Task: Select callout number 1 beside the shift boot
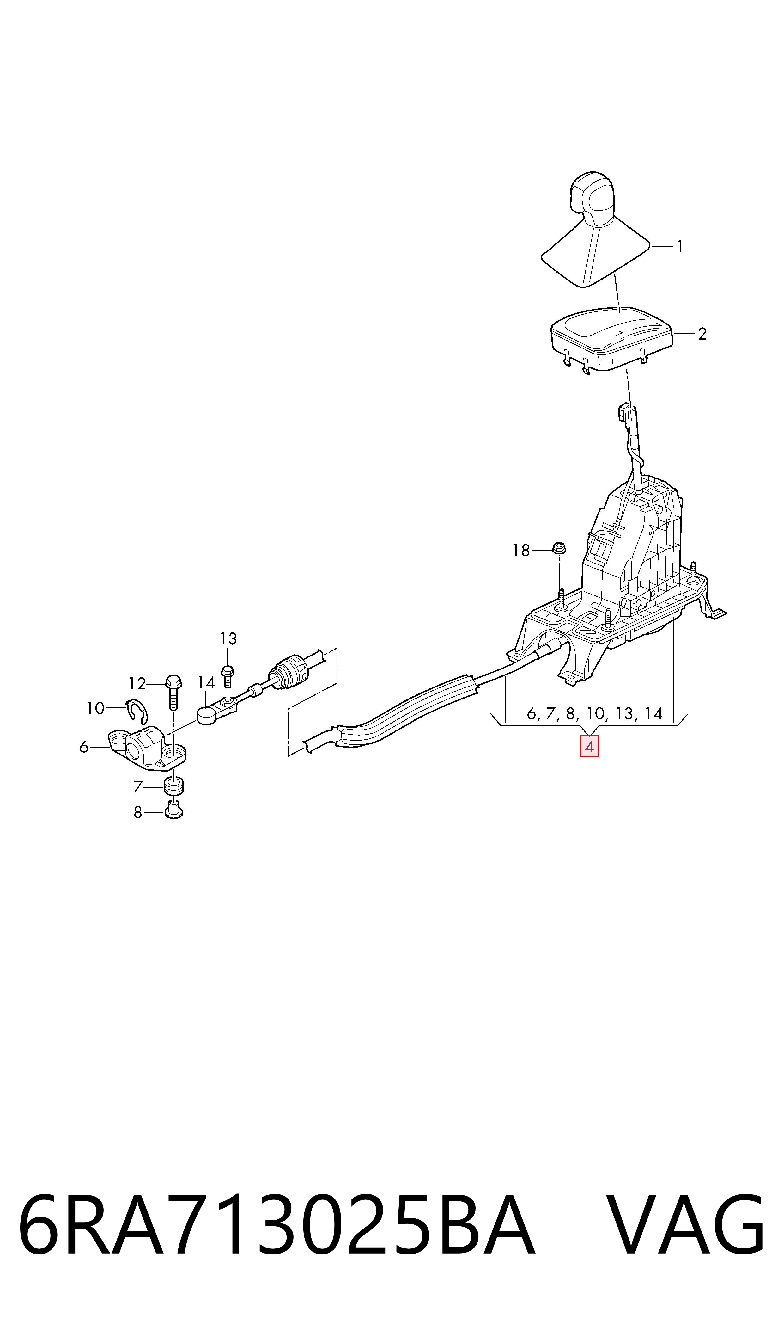680,247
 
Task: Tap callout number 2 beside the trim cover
702,334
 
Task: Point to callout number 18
521,551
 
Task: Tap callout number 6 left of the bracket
83,747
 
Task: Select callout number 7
138,787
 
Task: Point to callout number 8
138,812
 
